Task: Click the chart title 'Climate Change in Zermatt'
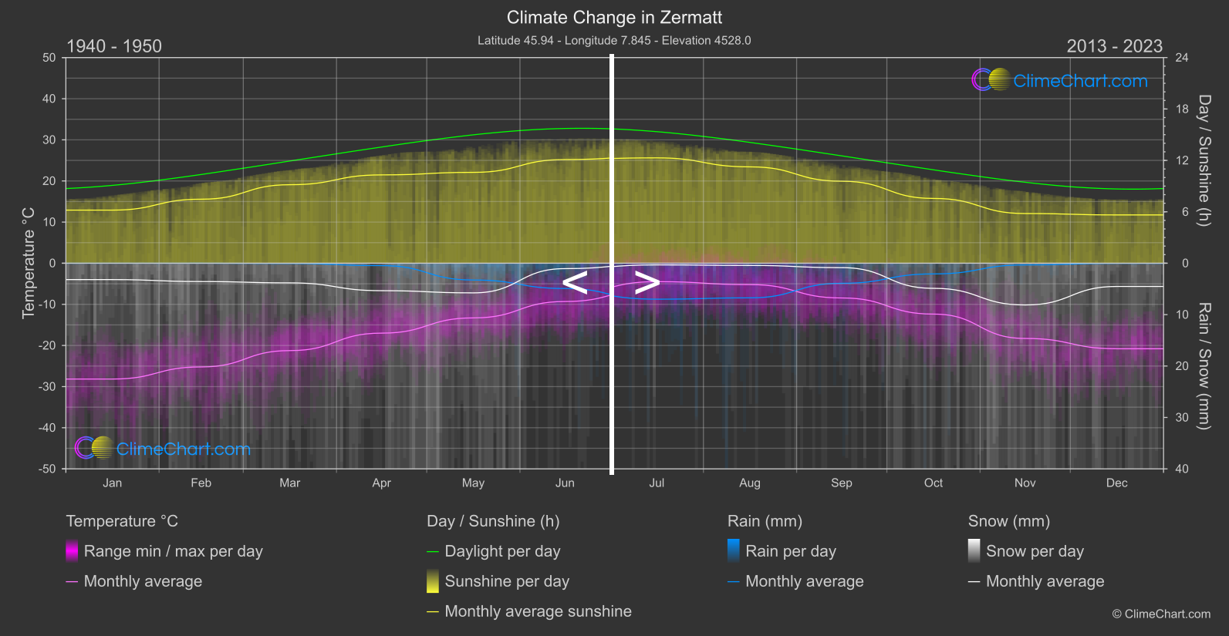click(x=614, y=18)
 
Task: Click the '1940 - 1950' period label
click(x=114, y=46)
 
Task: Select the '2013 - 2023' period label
click(x=1114, y=46)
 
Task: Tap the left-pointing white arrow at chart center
click(x=576, y=283)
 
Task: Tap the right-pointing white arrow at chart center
click(x=647, y=283)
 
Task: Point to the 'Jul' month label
click(x=657, y=483)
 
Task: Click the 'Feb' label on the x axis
click(x=201, y=483)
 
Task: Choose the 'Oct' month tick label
click(x=934, y=483)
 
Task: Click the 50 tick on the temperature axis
click(x=49, y=58)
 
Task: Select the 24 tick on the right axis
click(x=1181, y=58)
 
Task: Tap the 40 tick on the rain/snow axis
click(x=1181, y=469)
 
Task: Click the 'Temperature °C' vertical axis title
click(x=29, y=263)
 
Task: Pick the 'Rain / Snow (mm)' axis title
click(x=1204, y=365)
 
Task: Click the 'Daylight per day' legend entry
click(x=502, y=551)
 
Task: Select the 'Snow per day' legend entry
click(x=1035, y=551)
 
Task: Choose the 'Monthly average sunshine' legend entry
click(x=538, y=611)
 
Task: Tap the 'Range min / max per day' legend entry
click(x=173, y=551)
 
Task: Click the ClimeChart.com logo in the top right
click(x=1060, y=80)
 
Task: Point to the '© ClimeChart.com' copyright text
click(x=1161, y=614)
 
